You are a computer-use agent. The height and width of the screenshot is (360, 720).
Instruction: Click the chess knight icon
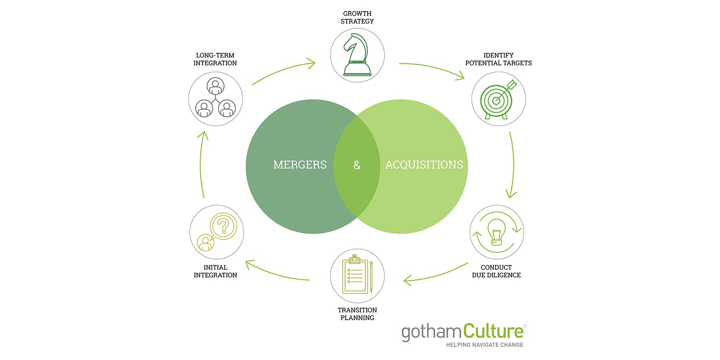click(357, 55)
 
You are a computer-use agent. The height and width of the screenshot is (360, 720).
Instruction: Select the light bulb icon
click(497, 232)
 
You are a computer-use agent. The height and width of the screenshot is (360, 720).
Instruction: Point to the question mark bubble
click(223, 226)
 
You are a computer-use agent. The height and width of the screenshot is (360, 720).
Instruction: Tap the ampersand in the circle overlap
click(357, 165)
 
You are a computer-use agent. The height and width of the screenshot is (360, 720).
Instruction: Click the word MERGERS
click(300, 165)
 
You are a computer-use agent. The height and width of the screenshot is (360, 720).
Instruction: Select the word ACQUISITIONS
click(424, 165)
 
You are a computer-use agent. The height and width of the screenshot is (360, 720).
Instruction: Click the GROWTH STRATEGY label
click(357, 17)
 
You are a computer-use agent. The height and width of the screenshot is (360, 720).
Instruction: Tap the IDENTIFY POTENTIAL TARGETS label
click(499, 59)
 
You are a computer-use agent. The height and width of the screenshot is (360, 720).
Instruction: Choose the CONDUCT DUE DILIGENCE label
click(496, 271)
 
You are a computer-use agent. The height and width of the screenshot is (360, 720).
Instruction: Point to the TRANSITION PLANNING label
click(357, 314)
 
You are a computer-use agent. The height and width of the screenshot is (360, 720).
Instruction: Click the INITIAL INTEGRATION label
click(216, 271)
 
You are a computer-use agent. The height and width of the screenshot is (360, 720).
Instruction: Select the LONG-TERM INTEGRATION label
click(215, 59)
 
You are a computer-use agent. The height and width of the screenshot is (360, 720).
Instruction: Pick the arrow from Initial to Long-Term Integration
click(201, 164)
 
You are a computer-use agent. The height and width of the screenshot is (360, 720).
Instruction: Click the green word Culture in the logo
click(493, 331)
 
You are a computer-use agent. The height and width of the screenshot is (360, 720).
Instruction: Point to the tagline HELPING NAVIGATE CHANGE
click(485, 345)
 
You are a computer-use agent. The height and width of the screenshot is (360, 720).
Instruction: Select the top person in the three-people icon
click(216, 86)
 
